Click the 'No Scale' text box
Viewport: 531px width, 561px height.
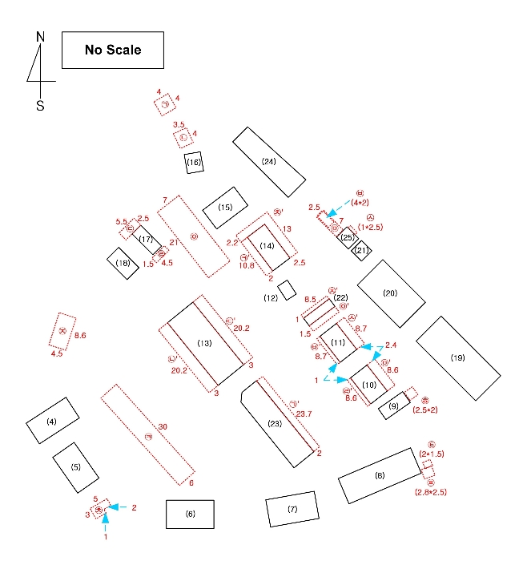[x=113, y=50]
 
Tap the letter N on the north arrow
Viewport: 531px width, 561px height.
[x=40, y=36]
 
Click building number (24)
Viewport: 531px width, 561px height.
[x=269, y=162]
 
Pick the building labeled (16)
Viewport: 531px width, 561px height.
[x=193, y=162]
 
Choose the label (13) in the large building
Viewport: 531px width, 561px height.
[x=204, y=343]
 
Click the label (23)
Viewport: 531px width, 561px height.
[x=275, y=424]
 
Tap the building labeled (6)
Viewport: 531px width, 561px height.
[x=190, y=514]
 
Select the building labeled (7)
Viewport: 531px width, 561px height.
[x=292, y=510]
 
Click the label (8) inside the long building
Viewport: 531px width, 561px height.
[x=380, y=475]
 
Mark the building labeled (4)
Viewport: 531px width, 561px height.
[x=52, y=422]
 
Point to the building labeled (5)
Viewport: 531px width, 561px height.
[x=75, y=466]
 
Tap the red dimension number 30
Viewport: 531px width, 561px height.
[x=163, y=426]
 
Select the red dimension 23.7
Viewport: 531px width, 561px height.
[x=304, y=414]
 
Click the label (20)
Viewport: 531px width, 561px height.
[x=390, y=293]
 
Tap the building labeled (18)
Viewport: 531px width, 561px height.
[x=123, y=263]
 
